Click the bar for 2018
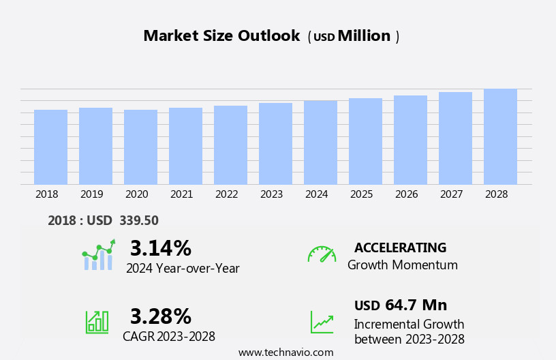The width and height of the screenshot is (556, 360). (50, 147)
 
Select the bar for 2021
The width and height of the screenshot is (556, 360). (185, 146)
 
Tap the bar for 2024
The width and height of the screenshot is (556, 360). (320, 142)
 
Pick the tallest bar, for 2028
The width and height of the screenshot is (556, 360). (500, 136)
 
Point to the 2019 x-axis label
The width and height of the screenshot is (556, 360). (91, 194)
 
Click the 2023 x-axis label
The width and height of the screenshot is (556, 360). (271, 194)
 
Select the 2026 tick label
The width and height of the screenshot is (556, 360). (406, 194)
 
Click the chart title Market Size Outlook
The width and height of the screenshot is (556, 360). (221, 36)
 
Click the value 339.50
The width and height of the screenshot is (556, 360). (138, 220)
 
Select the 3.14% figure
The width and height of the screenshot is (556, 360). (160, 248)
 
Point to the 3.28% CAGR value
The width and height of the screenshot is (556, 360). (160, 316)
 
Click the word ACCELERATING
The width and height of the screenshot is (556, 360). (400, 247)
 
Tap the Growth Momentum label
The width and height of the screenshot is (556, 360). (402, 265)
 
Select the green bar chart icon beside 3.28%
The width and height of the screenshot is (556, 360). (97, 321)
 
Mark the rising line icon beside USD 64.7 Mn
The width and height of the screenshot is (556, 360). (322, 322)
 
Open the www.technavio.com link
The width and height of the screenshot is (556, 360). (285, 352)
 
